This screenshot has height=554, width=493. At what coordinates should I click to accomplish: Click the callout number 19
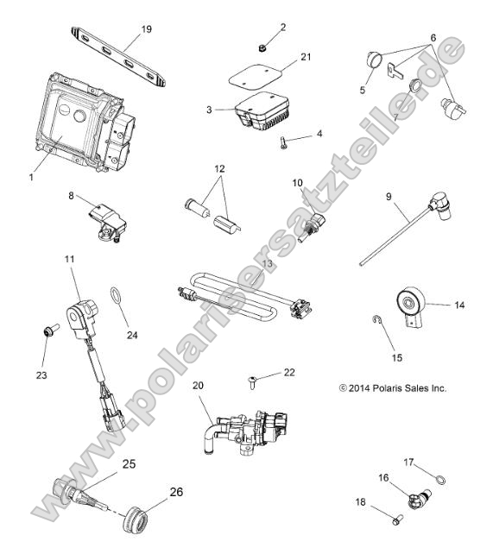[147, 28]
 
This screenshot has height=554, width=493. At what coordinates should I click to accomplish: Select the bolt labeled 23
[48, 330]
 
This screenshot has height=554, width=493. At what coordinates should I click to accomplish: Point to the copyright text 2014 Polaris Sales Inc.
[393, 389]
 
